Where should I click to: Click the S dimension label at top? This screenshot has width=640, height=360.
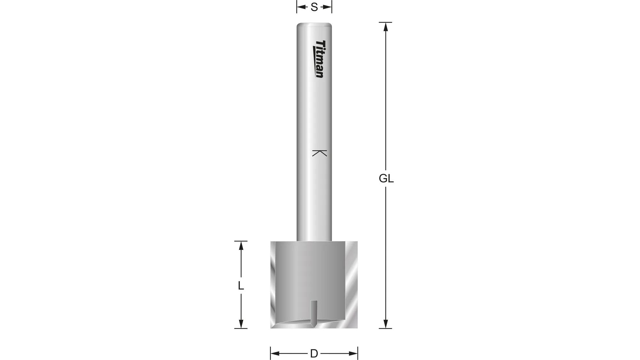[x=314, y=7]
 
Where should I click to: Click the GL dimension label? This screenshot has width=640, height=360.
[x=386, y=179]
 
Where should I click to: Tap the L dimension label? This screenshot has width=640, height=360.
[x=241, y=285]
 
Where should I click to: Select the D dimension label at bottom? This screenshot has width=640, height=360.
[x=314, y=354]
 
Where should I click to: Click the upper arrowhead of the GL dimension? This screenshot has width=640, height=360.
[x=386, y=27]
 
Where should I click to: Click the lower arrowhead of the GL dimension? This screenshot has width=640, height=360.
[x=386, y=324]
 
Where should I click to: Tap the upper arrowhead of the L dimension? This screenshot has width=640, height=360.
[x=241, y=246]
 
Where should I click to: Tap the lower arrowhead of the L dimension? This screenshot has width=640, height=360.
[x=241, y=324]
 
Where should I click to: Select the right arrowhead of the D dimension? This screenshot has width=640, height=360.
[x=353, y=354]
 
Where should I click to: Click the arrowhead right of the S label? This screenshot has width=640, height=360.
[x=327, y=7]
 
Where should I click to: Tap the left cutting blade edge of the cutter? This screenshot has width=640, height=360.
[x=273, y=285]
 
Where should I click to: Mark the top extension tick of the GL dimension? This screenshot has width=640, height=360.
[x=386, y=22]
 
